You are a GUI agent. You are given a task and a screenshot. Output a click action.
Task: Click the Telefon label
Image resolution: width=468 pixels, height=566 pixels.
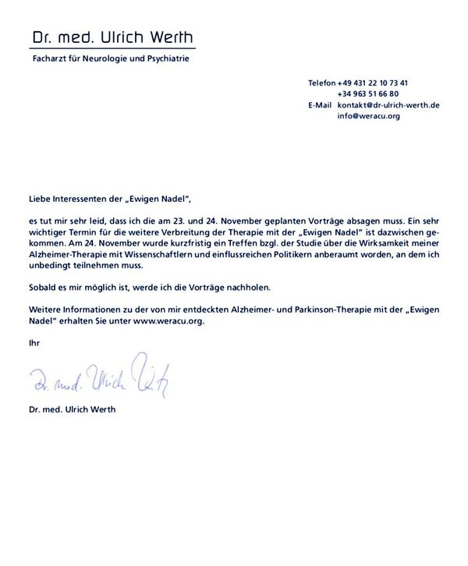click(321, 83)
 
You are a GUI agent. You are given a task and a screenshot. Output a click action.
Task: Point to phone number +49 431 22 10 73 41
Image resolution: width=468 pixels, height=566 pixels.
click(373, 83)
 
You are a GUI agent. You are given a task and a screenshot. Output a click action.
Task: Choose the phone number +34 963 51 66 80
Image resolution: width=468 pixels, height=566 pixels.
click(368, 94)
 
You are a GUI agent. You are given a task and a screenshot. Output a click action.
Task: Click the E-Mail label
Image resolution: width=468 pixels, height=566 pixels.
click(320, 104)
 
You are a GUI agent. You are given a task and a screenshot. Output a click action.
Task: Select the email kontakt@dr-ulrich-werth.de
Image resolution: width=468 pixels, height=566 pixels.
click(388, 104)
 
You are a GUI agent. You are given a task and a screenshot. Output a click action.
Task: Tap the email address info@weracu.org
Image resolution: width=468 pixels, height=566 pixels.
click(368, 115)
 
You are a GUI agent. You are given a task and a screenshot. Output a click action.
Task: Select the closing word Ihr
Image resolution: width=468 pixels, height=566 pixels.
click(34, 342)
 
